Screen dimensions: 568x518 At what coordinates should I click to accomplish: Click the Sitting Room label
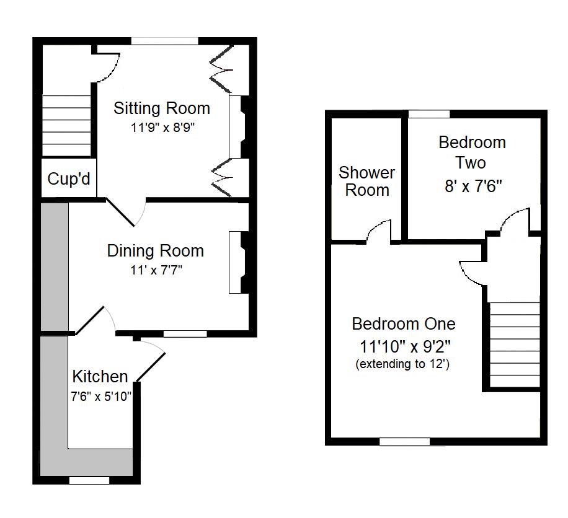(x=162, y=108)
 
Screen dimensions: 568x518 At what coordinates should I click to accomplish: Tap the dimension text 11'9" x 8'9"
(x=162, y=128)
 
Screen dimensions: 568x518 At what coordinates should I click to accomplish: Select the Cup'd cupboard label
(x=69, y=178)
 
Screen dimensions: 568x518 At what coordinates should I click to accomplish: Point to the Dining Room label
(x=156, y=251)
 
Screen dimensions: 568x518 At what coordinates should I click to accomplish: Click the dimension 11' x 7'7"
(x=156, y=270)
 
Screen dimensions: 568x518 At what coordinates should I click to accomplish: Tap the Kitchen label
(x=100, y=377)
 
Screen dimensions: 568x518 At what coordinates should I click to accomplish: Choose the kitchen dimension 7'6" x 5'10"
(x=101, y=397)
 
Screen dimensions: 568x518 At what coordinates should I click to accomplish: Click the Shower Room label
(x=366, y=181)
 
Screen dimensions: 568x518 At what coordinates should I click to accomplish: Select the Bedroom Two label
(x=472, y=152)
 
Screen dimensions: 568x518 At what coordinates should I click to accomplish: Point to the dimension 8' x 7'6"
(x=473, y=187)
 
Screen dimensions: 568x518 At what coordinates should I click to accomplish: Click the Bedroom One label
(x=404, y=323)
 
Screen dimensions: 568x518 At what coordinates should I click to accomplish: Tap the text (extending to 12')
(x=402, y=364)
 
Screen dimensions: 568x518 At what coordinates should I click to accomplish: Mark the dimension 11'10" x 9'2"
(x=405, y=347)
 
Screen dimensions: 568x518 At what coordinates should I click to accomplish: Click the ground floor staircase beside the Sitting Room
(x=66, y=126)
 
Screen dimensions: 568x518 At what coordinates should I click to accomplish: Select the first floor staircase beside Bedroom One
(x=515, y=345)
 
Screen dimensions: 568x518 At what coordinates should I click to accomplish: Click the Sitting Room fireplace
(x=238, y=126)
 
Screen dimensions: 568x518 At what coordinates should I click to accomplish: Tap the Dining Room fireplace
(x=238, y=263)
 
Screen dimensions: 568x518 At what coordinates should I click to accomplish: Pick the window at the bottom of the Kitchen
(x=89, y=480)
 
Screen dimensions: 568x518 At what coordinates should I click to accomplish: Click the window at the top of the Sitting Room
(x=165, y=41)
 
